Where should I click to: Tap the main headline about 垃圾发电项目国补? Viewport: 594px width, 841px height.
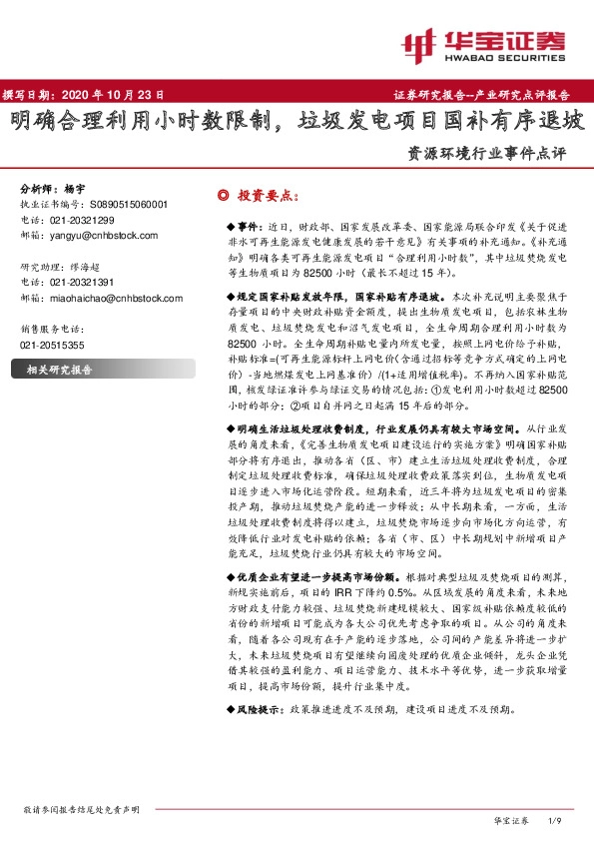point(297,125)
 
